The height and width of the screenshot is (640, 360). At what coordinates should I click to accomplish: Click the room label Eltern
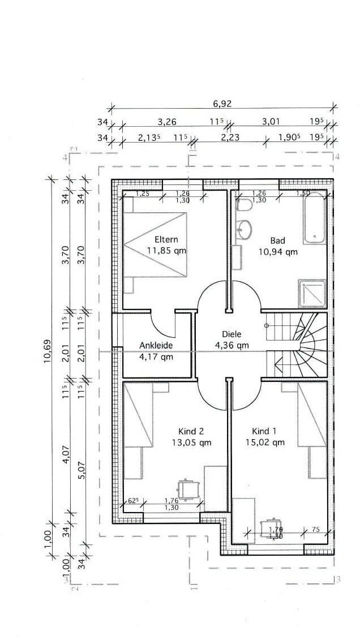(166, 239)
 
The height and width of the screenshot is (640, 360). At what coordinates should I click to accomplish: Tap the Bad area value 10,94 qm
(278, 252)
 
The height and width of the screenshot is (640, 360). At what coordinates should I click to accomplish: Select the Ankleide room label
(156, 345)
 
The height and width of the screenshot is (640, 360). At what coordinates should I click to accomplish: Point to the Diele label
(232, 333)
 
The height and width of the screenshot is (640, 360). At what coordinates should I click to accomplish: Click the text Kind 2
(191, 431)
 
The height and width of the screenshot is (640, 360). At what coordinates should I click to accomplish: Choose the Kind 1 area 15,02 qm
(265, 442)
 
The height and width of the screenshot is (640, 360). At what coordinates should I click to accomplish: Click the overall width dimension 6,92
(222, 104)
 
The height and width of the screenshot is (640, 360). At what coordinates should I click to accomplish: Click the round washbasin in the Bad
(245, 229)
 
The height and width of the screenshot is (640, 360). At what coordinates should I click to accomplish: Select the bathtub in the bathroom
(314, 217)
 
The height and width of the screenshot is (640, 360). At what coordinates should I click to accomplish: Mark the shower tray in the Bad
(312, 294)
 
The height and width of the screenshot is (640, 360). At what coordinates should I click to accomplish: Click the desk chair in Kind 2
(188, 488)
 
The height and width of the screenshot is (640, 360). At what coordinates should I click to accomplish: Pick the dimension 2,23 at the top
(230, 138)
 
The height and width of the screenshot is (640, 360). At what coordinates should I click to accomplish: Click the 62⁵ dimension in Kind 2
(132, 500)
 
